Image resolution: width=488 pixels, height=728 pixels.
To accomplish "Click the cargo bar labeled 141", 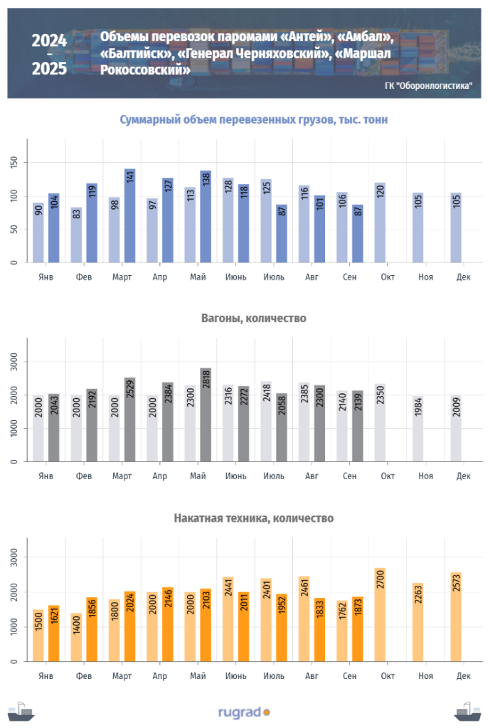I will point(129,216).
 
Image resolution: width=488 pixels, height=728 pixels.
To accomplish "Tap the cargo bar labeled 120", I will point(380,223).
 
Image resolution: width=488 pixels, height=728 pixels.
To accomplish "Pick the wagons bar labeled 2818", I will point(206,415).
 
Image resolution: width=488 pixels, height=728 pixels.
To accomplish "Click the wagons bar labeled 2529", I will point(129,420).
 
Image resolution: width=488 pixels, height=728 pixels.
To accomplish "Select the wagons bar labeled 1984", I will point(418,429).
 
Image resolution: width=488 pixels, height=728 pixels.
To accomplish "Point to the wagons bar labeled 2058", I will point(282,428).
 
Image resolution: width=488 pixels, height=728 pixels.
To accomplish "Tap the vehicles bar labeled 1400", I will point(76,638).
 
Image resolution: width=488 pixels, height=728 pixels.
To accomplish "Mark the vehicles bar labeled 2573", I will point(456,617).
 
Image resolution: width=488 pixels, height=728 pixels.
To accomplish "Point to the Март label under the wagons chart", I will point(122,475).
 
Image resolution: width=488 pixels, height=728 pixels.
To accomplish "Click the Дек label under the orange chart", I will point(463,675).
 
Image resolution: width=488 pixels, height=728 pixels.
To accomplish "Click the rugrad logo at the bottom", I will point(244,711).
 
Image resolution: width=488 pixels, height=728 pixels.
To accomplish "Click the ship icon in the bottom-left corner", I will point(21,711).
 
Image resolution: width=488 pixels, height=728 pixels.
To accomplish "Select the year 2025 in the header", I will point(49,69).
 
